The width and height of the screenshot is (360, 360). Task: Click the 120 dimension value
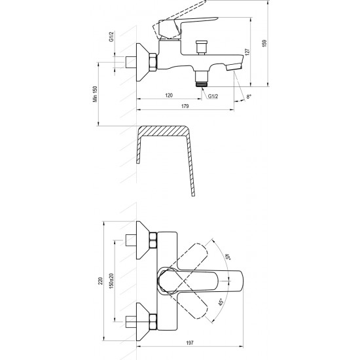pos(169,96)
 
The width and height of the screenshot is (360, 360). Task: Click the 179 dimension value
pos(185,106)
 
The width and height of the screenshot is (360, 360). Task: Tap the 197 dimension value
pos(190,343)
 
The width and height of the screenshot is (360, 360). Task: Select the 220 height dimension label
pos(101,281)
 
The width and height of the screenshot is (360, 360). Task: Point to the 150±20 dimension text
pos(111,281)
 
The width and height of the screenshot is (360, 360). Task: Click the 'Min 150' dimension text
pos(95,94)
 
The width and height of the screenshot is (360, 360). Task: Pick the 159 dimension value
pos(264,43)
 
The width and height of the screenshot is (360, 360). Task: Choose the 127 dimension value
pos(247,52)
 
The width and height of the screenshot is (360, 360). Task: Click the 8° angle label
pos(249,97)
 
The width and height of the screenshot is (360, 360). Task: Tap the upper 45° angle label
pos(228,257)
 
